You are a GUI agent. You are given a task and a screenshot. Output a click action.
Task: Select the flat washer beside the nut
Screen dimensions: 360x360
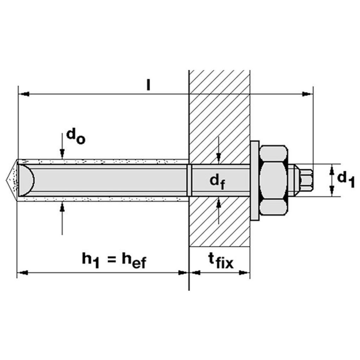point(255,180)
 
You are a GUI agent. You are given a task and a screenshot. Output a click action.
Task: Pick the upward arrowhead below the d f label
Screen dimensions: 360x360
point(219,202)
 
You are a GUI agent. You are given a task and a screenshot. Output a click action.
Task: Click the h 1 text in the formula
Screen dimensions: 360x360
point(90,261)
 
